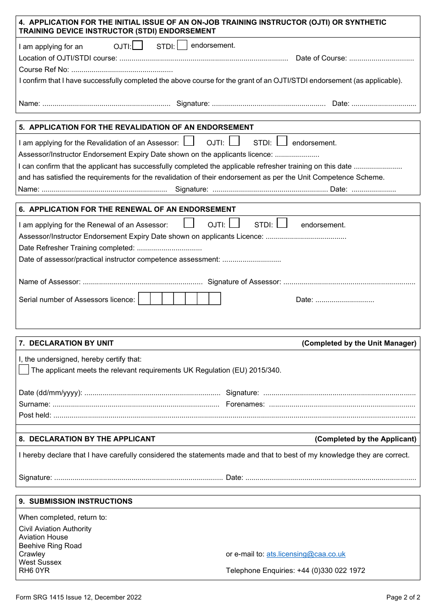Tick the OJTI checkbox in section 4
(x=137, y=45)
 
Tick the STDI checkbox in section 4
(x=182, y=45)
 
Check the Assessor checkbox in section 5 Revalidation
(x=189, y=141)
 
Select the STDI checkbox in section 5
(x=282, y=141)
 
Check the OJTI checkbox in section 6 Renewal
(x=235, y=223)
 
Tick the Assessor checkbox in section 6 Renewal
(x=189, y=223)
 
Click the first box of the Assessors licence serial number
(x=144, y=299)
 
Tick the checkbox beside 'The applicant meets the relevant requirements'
(x=24, y=369)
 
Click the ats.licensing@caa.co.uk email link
(x=306, y=554)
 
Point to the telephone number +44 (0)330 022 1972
(x=331, y=571)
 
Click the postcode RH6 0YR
(x=34, y=571)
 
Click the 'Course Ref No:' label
(x=44, y=70)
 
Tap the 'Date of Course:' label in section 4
(x=321, y=58)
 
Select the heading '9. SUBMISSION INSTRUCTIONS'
(x=76, y=501)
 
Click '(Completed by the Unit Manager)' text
(x=359, y=343)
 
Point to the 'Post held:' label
(x=35, y=415)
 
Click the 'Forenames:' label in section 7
(x=245, y=404)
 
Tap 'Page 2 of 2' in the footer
(x=403, y=597)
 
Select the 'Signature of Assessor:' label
(x=244, y=282)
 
